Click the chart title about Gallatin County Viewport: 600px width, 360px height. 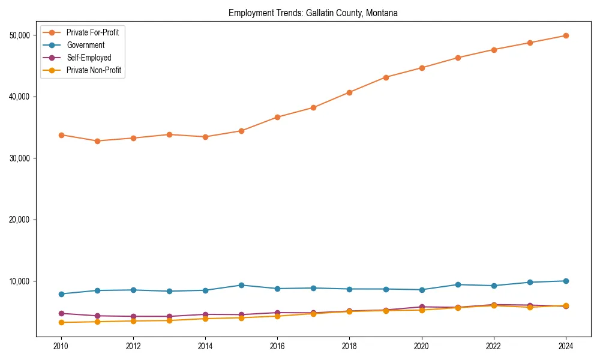pos(313,13)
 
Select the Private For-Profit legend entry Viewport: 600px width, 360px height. pos(92,32)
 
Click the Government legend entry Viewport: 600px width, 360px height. pos(85,45)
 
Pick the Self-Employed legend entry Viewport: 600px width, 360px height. pos(89,58)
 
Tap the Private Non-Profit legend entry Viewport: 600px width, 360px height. pos(94,70)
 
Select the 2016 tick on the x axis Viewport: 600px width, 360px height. pos(277,346)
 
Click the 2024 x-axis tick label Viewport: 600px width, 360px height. pos(566,346)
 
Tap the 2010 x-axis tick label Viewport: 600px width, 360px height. pos(61,346)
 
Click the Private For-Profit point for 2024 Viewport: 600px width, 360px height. pos(566,35)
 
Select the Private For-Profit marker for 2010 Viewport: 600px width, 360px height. pos(61,135)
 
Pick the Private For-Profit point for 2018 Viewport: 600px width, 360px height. pos(349,92)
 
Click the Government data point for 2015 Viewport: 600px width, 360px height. pos(241,285)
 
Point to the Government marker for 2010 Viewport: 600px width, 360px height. pos(61,294)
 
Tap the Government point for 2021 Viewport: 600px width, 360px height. pos(458,284)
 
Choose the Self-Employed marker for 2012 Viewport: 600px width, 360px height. pos(133,316)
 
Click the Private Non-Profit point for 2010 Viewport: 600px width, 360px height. pos(61,322)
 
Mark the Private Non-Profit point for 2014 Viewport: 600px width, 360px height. pos(205,319)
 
